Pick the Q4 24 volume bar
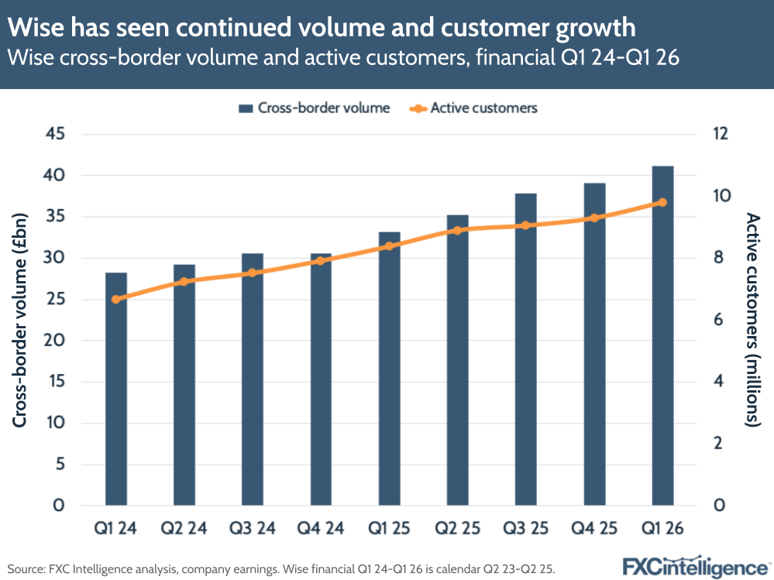(321, 379)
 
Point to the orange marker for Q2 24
(184, 282)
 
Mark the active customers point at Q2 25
(457, 231)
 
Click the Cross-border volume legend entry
(314, 108)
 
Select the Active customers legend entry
(473, 108)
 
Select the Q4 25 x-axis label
(594, 529)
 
